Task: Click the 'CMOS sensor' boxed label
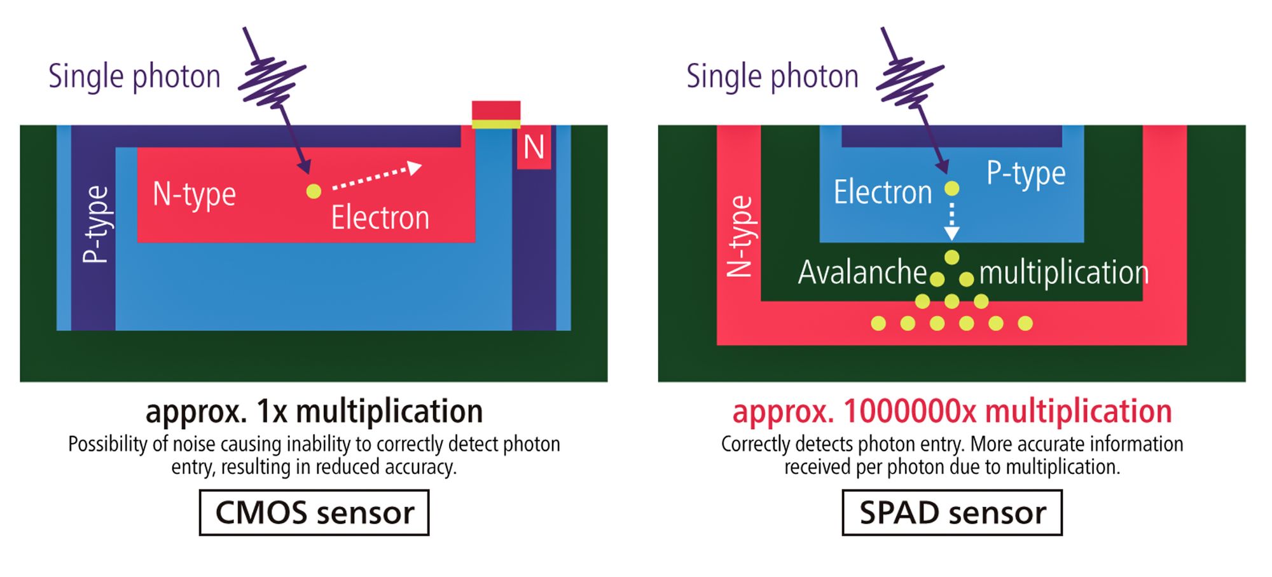[314, 512]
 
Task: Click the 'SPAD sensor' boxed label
[952, 512]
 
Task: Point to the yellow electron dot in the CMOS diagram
[314, 191]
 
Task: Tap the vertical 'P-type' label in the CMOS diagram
[96, 224]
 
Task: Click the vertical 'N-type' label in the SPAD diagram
[740, 236]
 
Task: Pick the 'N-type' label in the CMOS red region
[194, 194]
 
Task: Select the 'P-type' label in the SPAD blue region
[1026, 173]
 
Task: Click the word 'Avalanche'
[862, 272]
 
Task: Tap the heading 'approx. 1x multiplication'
[314, 411]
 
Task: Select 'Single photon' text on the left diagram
[134, 76]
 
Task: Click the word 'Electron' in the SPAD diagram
[883, 192]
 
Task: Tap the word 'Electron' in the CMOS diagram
[380, 218]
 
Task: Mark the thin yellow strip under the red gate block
[496, 125]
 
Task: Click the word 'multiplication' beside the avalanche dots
[1064, 272]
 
